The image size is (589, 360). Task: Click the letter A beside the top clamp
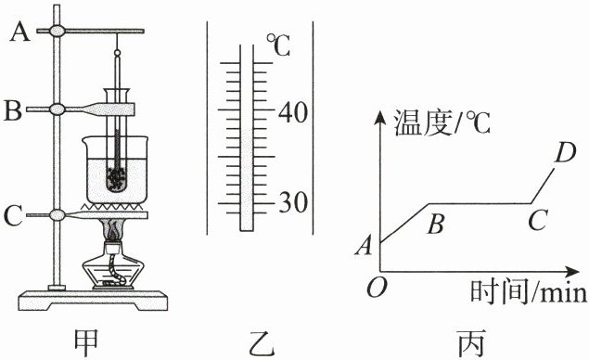coord(19,32)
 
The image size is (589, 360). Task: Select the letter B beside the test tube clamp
coord(13,109)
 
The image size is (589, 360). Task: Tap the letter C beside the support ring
coord(13,215)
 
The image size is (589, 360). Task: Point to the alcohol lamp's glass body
coord(113,269)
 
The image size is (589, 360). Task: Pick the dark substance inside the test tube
coord(117,177)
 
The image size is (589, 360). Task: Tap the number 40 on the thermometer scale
coord(292,113)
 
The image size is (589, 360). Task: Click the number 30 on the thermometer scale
coord(293,204)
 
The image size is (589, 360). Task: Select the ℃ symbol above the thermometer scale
coord(278,45)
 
